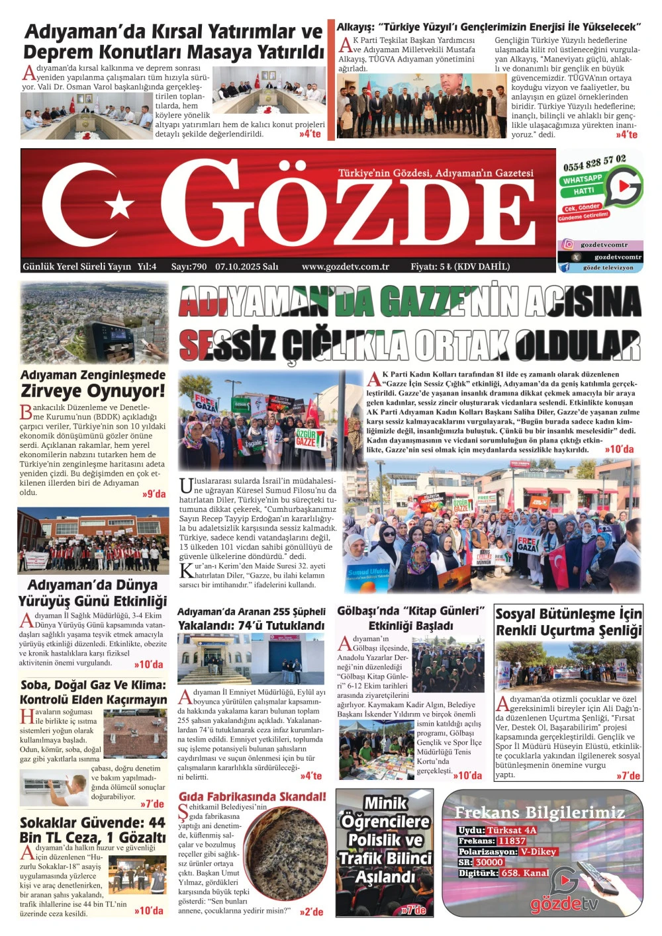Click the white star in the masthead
[x=120, y=206]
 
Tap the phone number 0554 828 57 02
[x=594, y=163]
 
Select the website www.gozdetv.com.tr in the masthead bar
[x=345, y=267]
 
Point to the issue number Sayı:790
[x=189, y=267]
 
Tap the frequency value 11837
[x=512, y=841]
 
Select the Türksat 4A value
[x=512, y=830]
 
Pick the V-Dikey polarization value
[x=538, y=851]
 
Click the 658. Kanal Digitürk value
[x=525, y=872]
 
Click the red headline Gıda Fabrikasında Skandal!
[x=252, y=796]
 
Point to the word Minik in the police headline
[x=385, y=803]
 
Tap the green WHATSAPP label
[x=583, y=179]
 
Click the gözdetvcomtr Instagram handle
[x=604, y=245]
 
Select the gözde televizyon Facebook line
[x=608, y=268]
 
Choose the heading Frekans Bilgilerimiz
[x=540, y=812]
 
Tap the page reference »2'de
[x=311, y=912]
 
